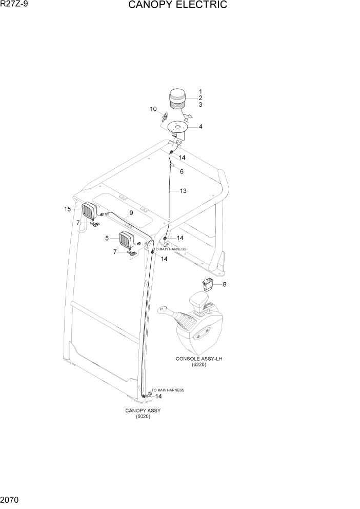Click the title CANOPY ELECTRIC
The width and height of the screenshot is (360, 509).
click(177, 6)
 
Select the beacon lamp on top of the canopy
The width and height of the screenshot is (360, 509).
click(177, 100)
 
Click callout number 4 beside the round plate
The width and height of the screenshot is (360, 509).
click(201, 126)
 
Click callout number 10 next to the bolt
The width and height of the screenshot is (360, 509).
click(153, 109)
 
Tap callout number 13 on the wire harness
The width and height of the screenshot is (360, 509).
click(183, 191)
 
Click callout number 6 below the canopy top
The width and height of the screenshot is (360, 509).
click(182, 172)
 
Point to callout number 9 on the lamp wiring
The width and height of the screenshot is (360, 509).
click(131, 212)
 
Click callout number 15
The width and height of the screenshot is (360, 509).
click(67, 209)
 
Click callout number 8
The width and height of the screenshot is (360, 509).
click(224, 284)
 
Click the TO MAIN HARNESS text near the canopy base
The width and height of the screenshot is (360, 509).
click(168, 390)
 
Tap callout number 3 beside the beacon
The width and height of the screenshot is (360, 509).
click(201, 105)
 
